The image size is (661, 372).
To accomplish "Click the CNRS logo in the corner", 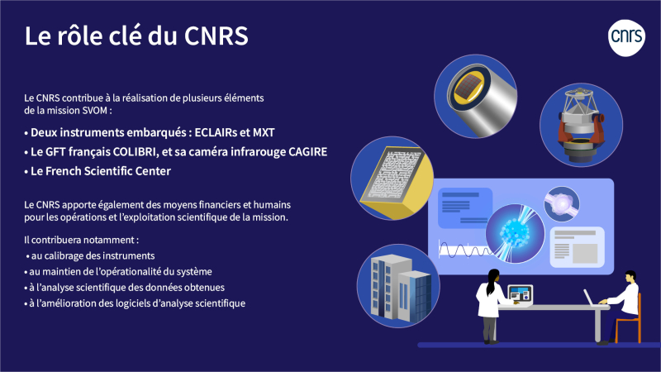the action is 626,37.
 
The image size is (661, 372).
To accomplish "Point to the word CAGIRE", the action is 307,152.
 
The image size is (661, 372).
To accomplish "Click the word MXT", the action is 264,132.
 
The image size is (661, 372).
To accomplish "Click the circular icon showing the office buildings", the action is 398,286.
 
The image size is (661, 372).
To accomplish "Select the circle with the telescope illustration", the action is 582,125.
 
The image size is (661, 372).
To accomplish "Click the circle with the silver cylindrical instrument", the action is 476,96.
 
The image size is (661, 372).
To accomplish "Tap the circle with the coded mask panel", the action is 392,178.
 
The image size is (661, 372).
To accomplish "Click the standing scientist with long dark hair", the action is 492,306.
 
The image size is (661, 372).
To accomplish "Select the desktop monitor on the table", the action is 521,294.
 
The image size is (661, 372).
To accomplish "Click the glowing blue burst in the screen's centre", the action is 515,233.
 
